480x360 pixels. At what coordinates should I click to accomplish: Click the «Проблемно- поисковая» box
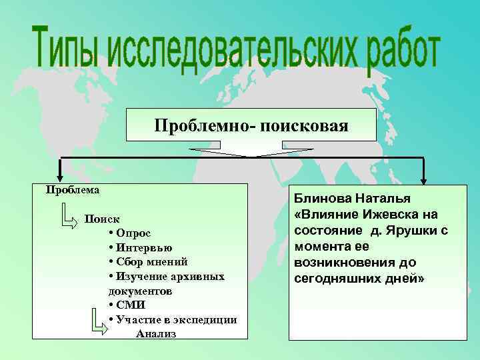tap(251, 125)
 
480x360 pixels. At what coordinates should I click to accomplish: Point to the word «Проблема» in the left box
tap(73, 189)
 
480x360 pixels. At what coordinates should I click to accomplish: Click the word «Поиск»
tap(103, 219)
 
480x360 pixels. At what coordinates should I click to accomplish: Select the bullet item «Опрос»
tap(133, 233)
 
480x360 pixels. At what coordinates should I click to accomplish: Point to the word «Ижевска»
tap(393, 214)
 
